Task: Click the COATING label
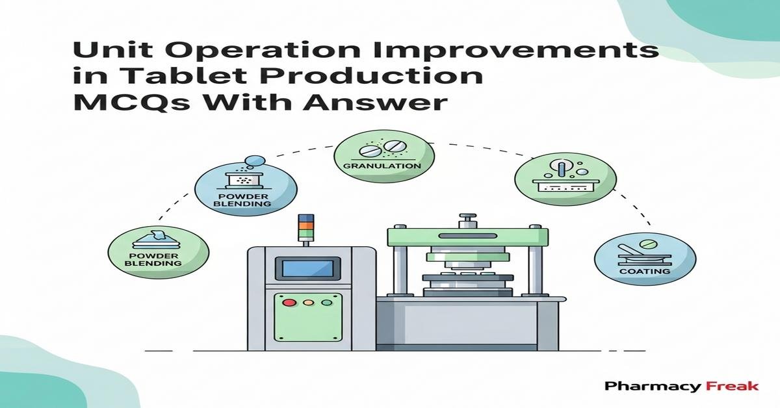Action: (644, 270)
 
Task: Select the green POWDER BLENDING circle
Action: (159, 252)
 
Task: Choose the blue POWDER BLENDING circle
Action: (246, 190)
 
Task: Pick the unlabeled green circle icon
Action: (565, 178)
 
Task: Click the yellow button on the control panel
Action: (307, 302)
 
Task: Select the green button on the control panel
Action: (326, 302)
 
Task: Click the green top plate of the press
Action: (464, 236)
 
